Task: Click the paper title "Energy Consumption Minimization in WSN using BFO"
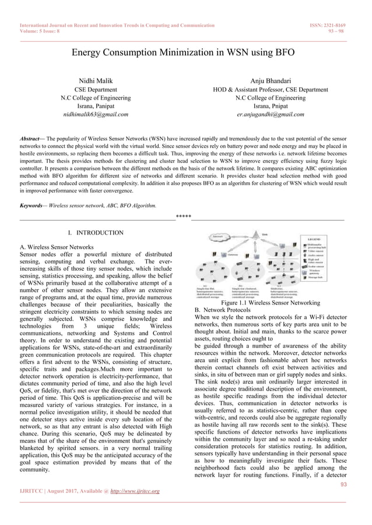click(183, 52)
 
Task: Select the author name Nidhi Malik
click(96, 80)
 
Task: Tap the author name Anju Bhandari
click(271, 80)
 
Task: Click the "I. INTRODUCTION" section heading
click(96, 233)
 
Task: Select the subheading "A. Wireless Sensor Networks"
click(56, 247)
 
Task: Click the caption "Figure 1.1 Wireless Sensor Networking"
click(271, 303)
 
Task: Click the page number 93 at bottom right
click(343, 484)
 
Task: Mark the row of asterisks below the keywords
click(183, 217)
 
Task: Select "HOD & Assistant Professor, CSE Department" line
click(271, 90)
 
